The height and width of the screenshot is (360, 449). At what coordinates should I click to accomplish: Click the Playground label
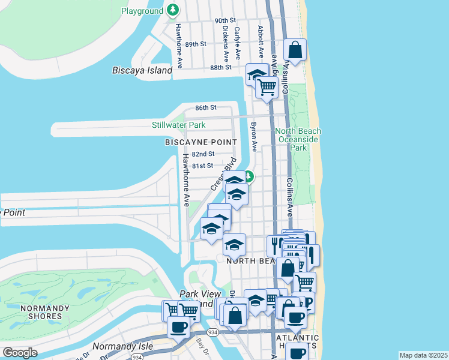tap(142, 11)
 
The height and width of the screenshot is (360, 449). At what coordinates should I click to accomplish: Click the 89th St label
tap(196, 44)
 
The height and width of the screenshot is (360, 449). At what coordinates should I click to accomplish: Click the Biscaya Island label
tap(142, 70)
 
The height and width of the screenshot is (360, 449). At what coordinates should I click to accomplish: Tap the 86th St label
tap(205, 107)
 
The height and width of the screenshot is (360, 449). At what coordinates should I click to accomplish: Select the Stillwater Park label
tap(178, 125)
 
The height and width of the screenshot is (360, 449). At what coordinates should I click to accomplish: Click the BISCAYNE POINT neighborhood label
tap(196, 142)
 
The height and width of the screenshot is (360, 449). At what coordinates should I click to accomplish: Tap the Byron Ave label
tap(253, 137)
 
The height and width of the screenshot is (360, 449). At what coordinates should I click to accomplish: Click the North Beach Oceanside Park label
tap(298, 139)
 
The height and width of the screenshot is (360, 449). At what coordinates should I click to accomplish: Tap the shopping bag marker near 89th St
tap(295, 51)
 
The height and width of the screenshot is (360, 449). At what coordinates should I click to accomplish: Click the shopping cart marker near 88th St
tap(267, 88)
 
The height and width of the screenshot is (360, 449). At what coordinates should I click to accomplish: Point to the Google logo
tap(20, 353)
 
